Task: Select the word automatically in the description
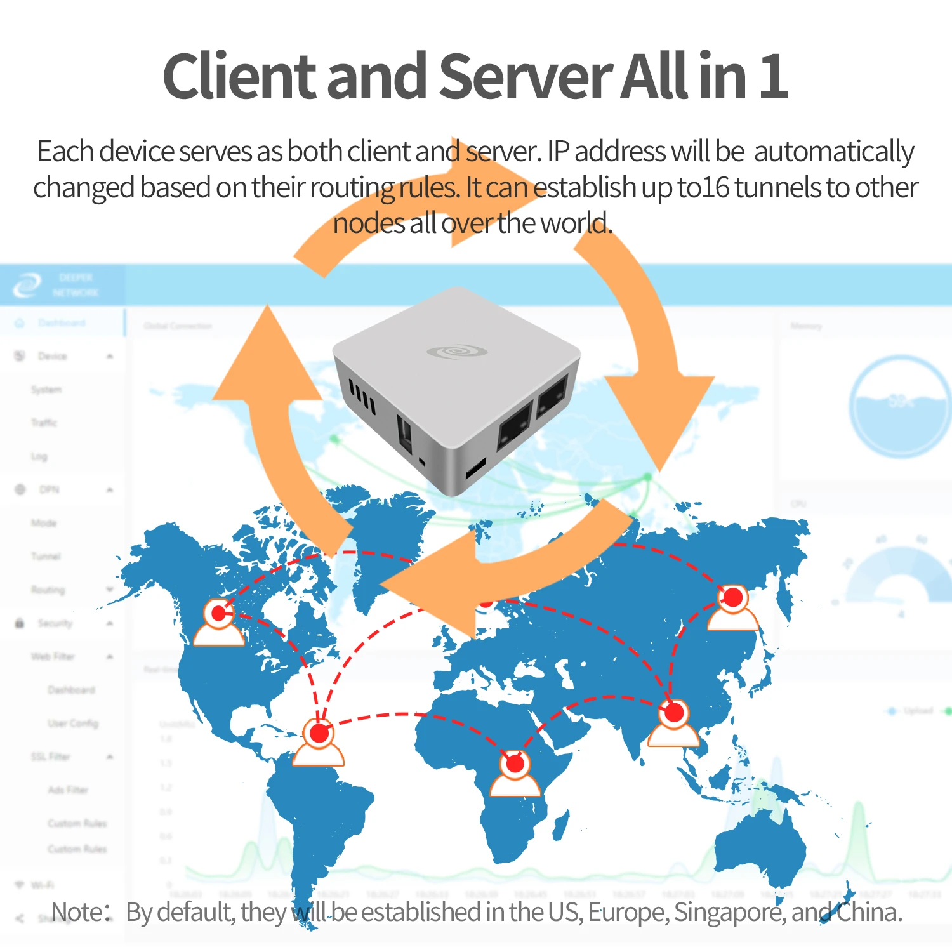tap(833, 152)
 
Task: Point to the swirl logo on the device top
tap(457, 351)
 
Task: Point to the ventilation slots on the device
tap(362, 396)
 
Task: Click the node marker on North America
tap(219, 614)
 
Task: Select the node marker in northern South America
tap(319, 734)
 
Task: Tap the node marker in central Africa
tap(515, 764)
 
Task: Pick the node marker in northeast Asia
tap(733, 597)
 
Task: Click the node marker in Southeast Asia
tap(674, 713)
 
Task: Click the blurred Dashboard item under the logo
tap(61, 323)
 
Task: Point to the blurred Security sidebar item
tap(55, 623)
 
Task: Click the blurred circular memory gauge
tap(900, 406)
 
